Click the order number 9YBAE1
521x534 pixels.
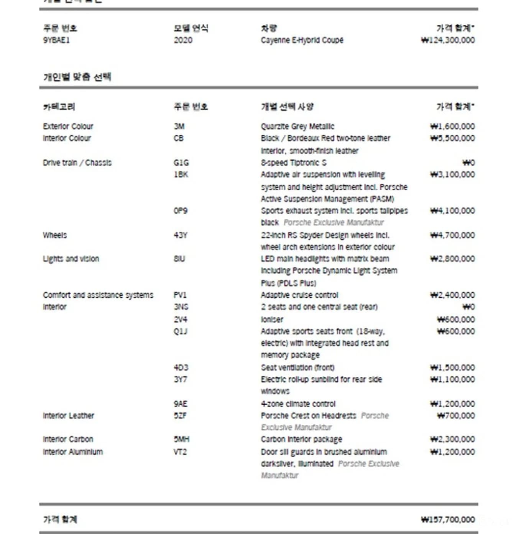(56, 40)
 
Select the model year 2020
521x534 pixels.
(183, 40)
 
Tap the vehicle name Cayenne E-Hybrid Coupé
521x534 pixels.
(302, 40)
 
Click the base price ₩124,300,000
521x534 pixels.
(448, 40)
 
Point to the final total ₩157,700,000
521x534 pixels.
(448, 520)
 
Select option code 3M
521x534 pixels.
(179, 127)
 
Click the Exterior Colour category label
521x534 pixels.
(68, 127)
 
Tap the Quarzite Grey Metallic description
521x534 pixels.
(297, 127)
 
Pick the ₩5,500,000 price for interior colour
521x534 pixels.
(452, 138)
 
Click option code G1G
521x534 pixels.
(181, 163)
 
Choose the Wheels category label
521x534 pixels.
(55, 235)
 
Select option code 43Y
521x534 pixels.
(181, 235)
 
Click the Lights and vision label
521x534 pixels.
(71, 259)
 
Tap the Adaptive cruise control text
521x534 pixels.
(299, 295)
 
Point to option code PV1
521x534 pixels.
(180, 295)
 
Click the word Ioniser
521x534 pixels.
(272, 320)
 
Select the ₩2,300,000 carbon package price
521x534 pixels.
(452, 439)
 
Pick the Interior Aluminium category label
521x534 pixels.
(73, 452)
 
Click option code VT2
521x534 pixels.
(180, 452)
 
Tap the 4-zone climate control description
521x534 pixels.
(298, 404)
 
